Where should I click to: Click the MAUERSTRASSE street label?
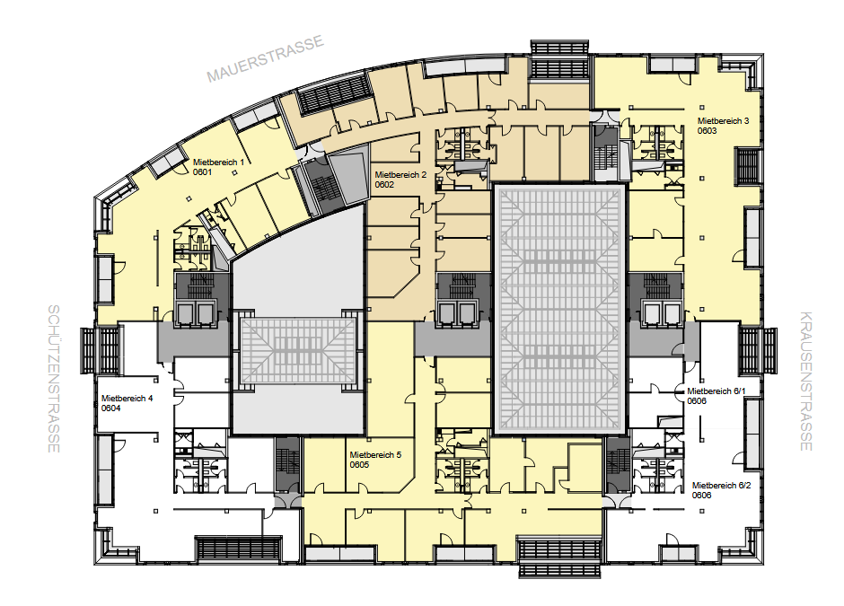click(266, 58)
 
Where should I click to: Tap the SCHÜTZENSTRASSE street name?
click(54, 379)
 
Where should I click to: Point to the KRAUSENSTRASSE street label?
click(805, 381)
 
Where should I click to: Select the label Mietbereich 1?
click(218, 162)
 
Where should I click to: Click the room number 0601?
click(202, 172)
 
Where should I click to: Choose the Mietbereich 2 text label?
click(400, 175)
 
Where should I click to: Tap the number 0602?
click(384, 185)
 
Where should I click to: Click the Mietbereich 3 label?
click(723, 121)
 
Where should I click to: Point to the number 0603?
click(707, 131)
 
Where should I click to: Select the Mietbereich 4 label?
click(127, 399)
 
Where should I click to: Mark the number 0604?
click(110, 408)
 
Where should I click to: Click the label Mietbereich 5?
click(375, 455)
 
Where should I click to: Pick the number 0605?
click(359, 465)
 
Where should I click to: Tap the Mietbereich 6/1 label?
click(716, 391)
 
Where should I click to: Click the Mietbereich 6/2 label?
click(721, 486)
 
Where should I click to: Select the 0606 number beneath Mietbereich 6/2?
click(701, 496)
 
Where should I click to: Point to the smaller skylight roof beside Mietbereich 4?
click(297, 350)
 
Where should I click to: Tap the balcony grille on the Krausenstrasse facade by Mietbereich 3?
click(749, 166)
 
